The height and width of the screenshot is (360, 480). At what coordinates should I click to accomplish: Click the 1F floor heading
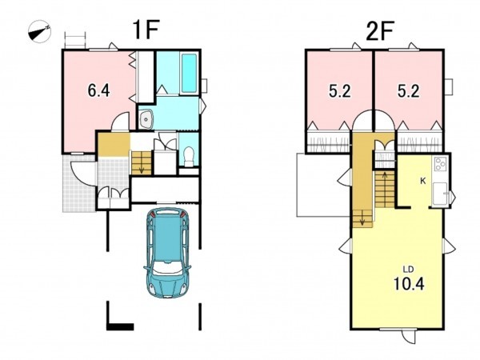pyautogui.click(x=146, y=30)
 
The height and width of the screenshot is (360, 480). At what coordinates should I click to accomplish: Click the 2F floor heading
pyautogui.click(x=379, y=30)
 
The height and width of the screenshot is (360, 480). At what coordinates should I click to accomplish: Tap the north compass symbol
pyautogui.click(x=39, y=31)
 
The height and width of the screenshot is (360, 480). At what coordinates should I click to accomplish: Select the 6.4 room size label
pyautogui.click(x=98, y=90)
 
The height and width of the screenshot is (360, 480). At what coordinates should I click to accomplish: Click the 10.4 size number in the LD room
pyautogui.click(x=409, y=284)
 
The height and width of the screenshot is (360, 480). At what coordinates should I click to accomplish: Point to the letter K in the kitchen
pyautogui.click(x=422, y=182)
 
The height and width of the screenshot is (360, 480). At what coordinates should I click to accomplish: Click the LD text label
pyautogui.click(x=408, y=270)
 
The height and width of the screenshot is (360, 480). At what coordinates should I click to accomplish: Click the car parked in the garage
pyautogui.click(x=167, y=253)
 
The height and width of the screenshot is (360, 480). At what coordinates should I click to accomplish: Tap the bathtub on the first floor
pyautogui.click(x=189, y=74)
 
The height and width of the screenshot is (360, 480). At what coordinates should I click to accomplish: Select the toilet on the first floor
pyautogui.click(x=189, y=156)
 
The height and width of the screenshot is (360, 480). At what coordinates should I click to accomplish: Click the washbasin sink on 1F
pyautogui.click(x=146, y=118)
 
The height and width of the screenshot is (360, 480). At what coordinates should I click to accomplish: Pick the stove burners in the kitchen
pyautogui.click(x=439, y=163)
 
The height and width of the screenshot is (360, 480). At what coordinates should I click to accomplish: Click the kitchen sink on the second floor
pyautogui.click(x=439, y=194)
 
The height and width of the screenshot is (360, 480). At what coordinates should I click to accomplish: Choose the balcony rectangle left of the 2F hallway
pyautogui.click(x=324, y=185)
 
